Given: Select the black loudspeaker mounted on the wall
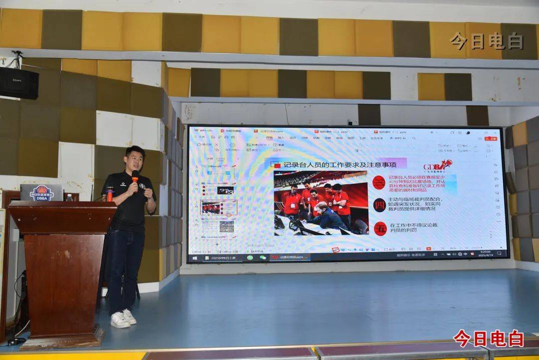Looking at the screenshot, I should point(19,83).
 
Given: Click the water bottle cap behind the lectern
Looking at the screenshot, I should point(69,197).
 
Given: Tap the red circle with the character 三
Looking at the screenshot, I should point(379,182).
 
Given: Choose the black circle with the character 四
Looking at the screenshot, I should point(379,205).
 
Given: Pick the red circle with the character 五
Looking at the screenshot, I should point(380,228).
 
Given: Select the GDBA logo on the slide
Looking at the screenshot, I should point(437,166).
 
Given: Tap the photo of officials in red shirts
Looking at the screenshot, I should point(320,203).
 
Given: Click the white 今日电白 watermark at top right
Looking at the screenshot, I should point(486,41).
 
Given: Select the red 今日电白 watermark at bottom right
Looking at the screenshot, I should point(488,339).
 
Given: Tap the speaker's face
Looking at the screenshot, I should point(134,159).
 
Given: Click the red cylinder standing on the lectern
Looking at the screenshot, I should point(109,194).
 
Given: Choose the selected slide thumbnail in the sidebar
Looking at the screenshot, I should point(218,207).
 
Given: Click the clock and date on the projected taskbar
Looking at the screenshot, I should point(485,253).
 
